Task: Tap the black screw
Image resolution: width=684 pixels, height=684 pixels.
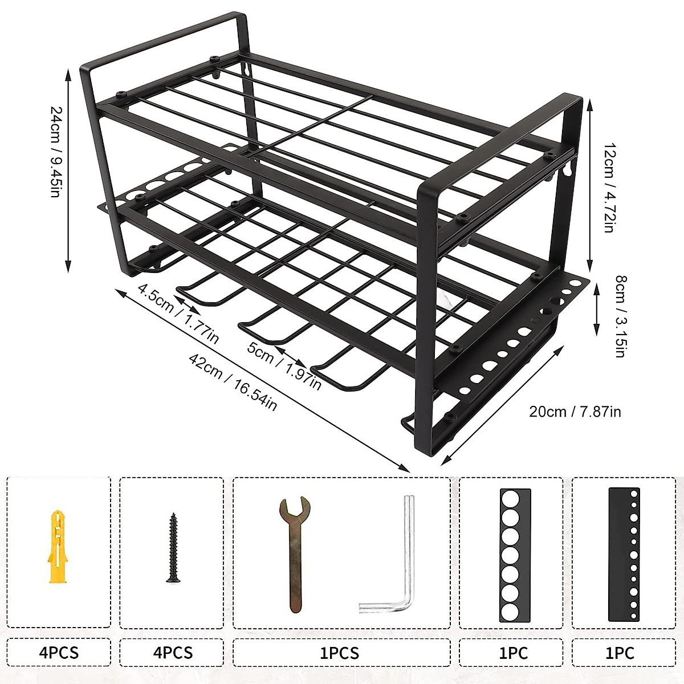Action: point(172,547)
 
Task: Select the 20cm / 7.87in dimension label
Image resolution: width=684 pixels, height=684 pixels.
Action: point(575,411)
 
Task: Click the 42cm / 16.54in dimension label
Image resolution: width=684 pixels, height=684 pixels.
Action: point(234,382)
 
